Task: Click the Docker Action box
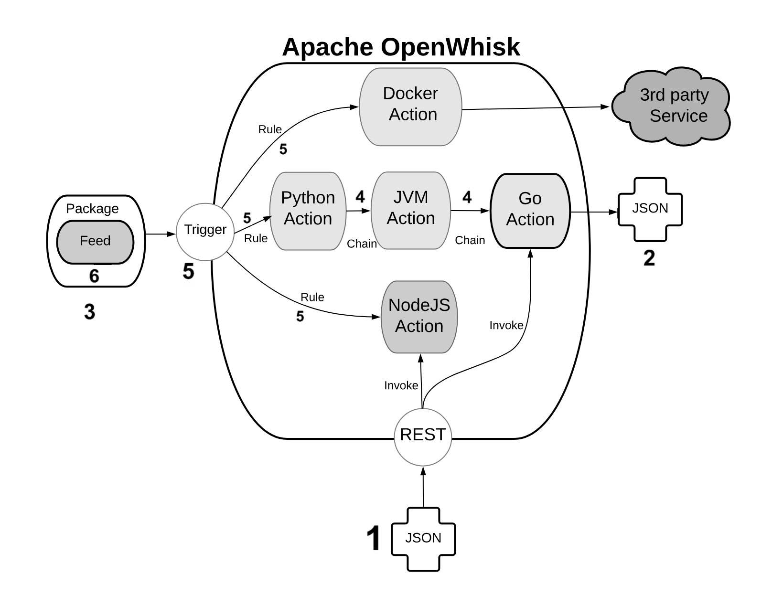(x=410, y=106)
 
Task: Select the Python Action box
(x=308, y=211)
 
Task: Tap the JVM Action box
(x=410, y=210)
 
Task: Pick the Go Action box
(x=530, y=211)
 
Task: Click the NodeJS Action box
(x=419, y=317)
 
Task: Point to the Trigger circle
(x=205, y=232)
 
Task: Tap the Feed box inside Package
(x=95, y=242)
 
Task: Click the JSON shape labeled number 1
(x=423, y=539)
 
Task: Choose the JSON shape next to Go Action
(x=650, y=209)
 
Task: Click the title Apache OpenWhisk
(x=400, y=47)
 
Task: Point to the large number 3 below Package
(x=89, y=312)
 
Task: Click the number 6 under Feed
(x=94, y=276)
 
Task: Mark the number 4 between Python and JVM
(x=360, y=196)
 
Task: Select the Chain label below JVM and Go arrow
(x=470, y=240)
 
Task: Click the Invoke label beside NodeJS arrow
(x=401, y=385)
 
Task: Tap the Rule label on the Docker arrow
(x=270, y=129)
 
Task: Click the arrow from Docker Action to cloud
(x=535, y=108)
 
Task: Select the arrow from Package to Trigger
(x=160, y=234)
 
